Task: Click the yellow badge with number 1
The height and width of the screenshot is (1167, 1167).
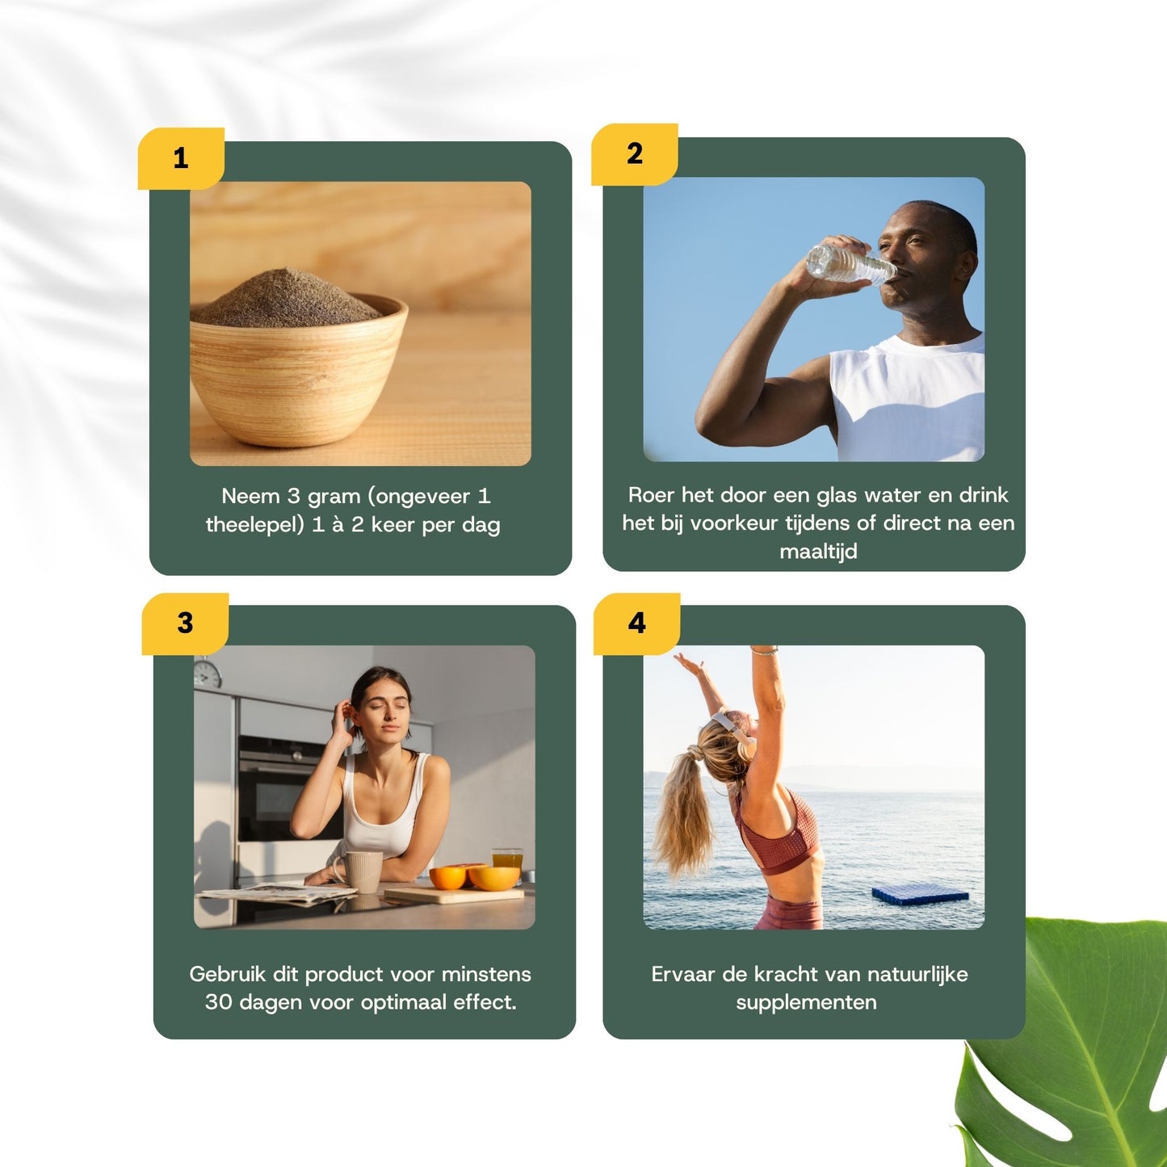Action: click(181, 158)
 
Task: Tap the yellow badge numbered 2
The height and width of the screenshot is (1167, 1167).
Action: click(635, 153)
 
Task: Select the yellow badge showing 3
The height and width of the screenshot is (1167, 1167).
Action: click(185, 623)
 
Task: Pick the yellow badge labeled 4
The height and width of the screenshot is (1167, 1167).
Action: click(637, 623)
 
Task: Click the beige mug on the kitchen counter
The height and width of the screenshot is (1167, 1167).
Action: click(363, 871)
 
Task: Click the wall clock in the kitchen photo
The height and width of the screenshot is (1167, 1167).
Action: click(208, 673)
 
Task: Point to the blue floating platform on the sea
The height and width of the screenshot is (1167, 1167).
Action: click(920, 894)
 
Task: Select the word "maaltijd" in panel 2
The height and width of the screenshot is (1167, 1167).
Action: click(817, 552)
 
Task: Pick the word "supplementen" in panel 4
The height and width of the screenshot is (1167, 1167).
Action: click(806, 1002)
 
